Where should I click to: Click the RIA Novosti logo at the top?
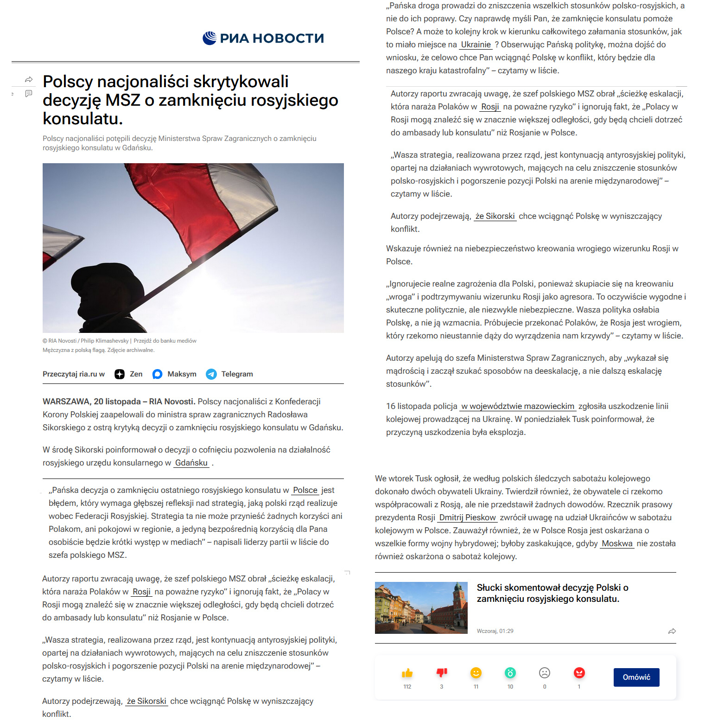click(x=263, y=38)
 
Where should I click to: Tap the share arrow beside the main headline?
click(x=29, y=80)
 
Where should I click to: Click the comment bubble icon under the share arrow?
click(x=29, y=94)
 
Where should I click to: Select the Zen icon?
click(x=120, y=374)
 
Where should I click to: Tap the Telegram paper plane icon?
click(x=211, y=374)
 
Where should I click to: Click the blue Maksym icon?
click(x=158, y=374)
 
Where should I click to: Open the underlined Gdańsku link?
click(x=191, y=463)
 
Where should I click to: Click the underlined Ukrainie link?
click(x=476, y=45)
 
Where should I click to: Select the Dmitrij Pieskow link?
click(x=467, y=517)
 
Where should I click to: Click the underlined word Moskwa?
click(x=617, y=543)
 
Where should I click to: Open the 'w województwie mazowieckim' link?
click(x=518, y=406)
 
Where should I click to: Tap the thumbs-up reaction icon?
click(x=407, y=673)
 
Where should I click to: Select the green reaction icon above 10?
click(x=510, y=673)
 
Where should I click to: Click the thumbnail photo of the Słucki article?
click(x=421, y=607)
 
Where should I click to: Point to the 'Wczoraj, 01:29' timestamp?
click(x=495, y=631)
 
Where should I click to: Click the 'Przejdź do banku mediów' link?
click(x=165, y=341)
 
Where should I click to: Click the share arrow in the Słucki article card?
click(x=672, y=631)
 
